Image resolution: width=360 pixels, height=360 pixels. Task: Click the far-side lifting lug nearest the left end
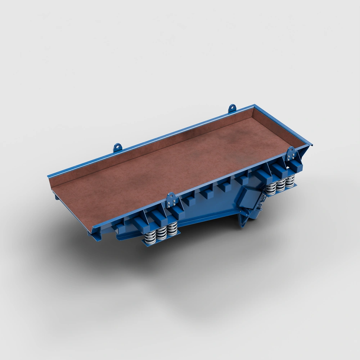117,147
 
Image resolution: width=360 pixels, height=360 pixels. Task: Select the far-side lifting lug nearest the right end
232,108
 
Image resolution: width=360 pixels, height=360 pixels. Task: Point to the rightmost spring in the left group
172,229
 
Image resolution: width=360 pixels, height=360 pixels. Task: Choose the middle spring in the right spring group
280,184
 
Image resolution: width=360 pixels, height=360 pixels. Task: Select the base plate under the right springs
281,191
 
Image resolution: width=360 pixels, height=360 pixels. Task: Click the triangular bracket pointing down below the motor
243,219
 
